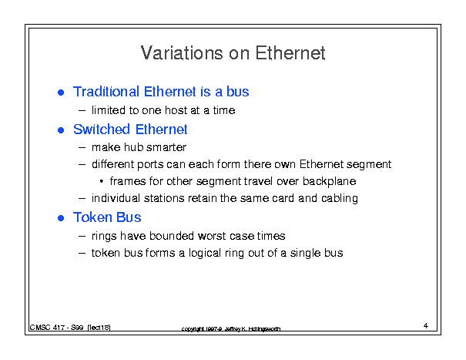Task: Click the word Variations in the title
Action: coord(182,53)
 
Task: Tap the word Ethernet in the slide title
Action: coord(290,53)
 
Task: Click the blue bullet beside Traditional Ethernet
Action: coord(61,93)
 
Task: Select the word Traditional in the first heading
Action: coord(106,91)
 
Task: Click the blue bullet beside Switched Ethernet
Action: coord(61,130)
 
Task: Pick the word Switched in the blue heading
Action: coord(102,130)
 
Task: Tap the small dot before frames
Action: coord(102,181)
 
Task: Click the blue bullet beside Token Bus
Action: coord(61,218)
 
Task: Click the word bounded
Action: coord(172,236)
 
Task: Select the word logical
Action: coord(205,253)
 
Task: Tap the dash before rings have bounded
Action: coord(82,236)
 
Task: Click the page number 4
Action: coord(426,326)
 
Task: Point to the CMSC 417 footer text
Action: coord(70,328)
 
